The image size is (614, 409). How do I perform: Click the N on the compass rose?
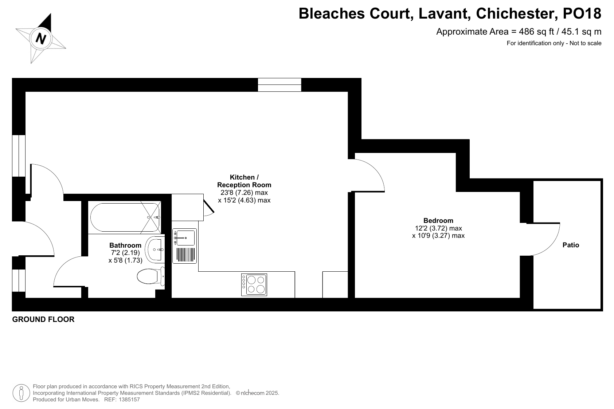(41, 38)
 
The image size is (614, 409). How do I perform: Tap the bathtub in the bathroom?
(125, 217)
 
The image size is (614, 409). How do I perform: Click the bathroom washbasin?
(155, 249)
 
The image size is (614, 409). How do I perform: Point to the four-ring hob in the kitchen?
(254, 285)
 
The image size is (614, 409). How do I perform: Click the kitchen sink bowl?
(185, 237)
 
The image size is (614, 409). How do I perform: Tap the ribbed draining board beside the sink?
(185, 255)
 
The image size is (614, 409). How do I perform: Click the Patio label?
(571, 245)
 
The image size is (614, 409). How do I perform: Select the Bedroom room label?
(438, 221)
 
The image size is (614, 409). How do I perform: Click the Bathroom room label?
(125, 245)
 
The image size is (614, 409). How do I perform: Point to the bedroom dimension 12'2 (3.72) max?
(438, 228)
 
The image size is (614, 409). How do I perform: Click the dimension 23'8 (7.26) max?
(244, 193)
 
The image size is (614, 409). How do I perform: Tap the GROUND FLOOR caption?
(43, 319)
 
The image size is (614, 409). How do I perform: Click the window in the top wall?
(279, 84)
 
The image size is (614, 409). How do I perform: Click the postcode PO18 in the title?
(582, 13)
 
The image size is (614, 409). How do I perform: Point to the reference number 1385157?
(129, 400)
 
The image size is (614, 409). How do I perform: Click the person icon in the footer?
(21, 393)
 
